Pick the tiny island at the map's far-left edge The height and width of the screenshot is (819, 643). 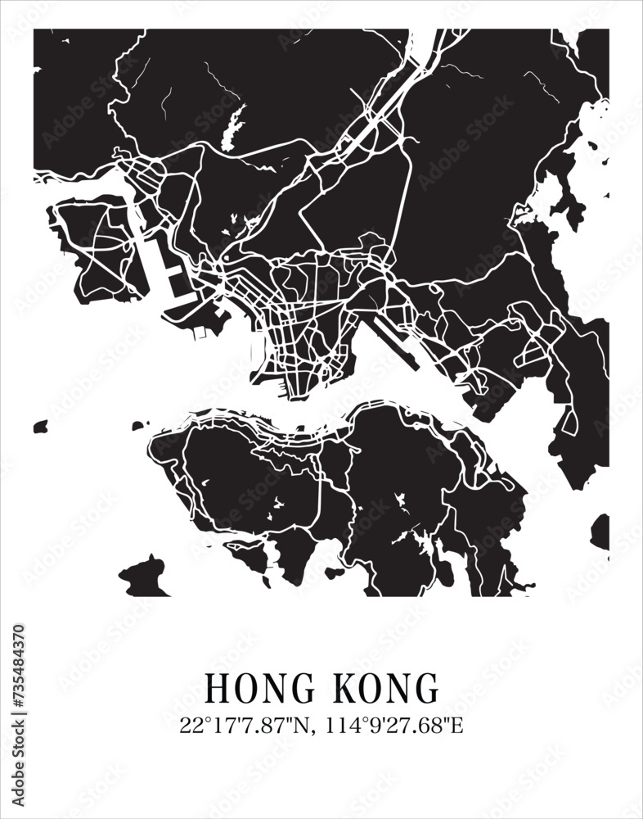coord(40,427)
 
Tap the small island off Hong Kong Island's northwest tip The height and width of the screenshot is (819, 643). coord(140,425)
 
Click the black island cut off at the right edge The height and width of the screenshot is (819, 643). coord(600,531)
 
